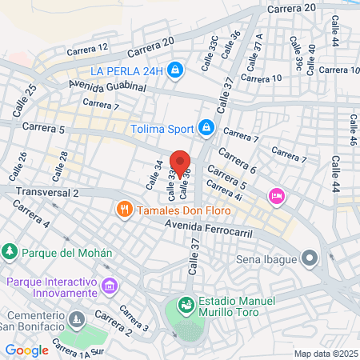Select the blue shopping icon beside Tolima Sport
206,127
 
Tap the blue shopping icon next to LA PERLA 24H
175,71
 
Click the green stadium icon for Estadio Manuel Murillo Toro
186,305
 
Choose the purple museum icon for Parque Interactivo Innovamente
110,286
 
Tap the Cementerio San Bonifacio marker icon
77,320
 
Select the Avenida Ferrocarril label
209,230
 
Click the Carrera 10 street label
262,78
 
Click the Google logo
27,350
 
